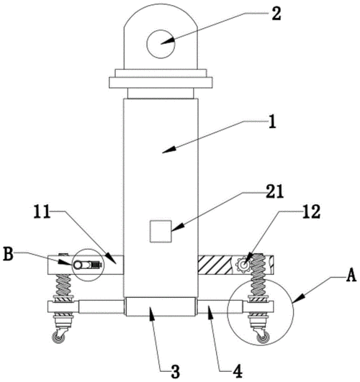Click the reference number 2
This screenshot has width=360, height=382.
tap(276, 14)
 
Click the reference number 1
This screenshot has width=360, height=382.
tap(272, 122)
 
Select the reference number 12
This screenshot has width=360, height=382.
tap(311, 211)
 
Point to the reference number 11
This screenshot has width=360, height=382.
tap(42, 212)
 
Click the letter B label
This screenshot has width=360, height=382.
tap(9, 254)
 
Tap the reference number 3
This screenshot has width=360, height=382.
tap(175, 371)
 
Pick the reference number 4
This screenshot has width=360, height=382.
tap(238, 371)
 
